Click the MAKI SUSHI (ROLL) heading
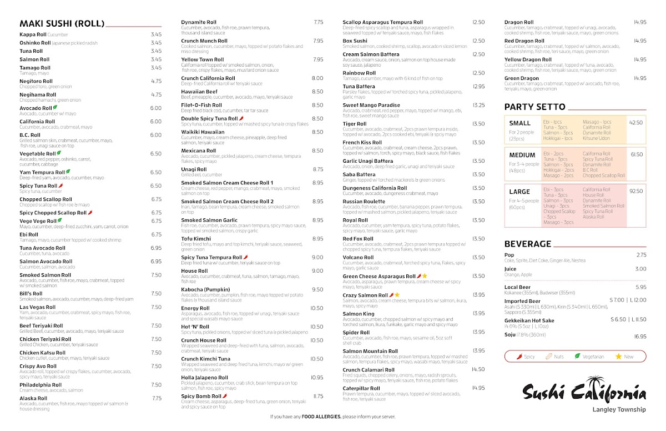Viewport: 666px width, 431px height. coord(62,23)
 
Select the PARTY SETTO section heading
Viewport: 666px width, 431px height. coord(534,107)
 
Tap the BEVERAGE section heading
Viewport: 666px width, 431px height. coord(527,244)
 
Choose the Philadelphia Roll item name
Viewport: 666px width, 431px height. coord(41,385)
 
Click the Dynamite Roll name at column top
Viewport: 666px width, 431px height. coord(199,22)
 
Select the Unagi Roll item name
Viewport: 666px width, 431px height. coord(194,169)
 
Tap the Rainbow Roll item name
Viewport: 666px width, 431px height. coord(359,73)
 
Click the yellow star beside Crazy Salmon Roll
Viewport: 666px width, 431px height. coord(397,295)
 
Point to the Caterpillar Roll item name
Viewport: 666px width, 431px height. coord(360,388)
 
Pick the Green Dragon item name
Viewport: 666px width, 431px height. coord(521,78)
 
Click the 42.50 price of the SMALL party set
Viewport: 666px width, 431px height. coord(635,123)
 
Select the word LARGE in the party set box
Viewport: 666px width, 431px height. coord(519,192)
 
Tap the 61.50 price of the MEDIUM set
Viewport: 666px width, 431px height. coord(637,154)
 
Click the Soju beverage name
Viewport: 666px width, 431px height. coord(510,335)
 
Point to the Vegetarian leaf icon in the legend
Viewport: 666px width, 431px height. coord(577,357)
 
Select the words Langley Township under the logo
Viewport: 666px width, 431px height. coord(618,410)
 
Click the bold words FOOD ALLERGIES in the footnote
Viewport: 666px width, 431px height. coord(321,417)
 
